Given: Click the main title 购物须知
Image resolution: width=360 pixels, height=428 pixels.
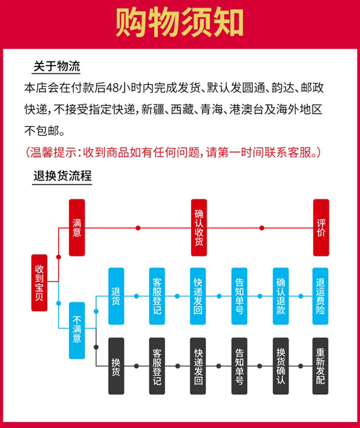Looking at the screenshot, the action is click(180, 23).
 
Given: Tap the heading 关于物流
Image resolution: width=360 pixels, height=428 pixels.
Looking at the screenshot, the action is click(57, 66).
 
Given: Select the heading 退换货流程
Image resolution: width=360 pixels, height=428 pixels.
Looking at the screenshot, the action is click(62, 176).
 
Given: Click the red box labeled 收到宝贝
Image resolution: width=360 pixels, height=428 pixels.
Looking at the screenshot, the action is click(39, 283).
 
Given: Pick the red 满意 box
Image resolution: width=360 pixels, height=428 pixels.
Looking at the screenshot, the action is click(77, 227).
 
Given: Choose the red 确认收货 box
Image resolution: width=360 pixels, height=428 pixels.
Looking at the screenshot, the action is click(199, 227).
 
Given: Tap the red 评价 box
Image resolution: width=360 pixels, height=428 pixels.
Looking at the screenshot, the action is click(321, 227).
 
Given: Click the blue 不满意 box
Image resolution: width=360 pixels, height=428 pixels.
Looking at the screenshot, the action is click(77, 330).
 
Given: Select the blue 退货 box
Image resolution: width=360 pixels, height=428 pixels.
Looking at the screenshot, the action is click(116, 296).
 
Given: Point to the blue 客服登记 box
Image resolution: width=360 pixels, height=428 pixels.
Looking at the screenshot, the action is click(157, 296).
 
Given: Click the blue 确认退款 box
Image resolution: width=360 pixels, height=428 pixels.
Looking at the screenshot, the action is click(280, 296).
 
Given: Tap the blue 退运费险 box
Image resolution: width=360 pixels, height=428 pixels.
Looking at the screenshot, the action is click(320, 296).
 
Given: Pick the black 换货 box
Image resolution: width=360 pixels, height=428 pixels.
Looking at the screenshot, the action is click(116, 366).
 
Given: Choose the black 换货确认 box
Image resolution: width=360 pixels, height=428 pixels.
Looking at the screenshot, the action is click(280, 366).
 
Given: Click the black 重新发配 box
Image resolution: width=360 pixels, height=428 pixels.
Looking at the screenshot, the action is click(320, 366).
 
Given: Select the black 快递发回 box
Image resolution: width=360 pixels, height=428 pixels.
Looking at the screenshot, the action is click(198, 366).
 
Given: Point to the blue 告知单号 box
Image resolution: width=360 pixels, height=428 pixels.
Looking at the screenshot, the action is click(239, 296).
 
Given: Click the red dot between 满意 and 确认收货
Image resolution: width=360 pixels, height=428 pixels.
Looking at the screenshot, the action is click(138, 228).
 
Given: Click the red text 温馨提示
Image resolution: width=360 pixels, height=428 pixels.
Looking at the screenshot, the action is click(54, 152).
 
